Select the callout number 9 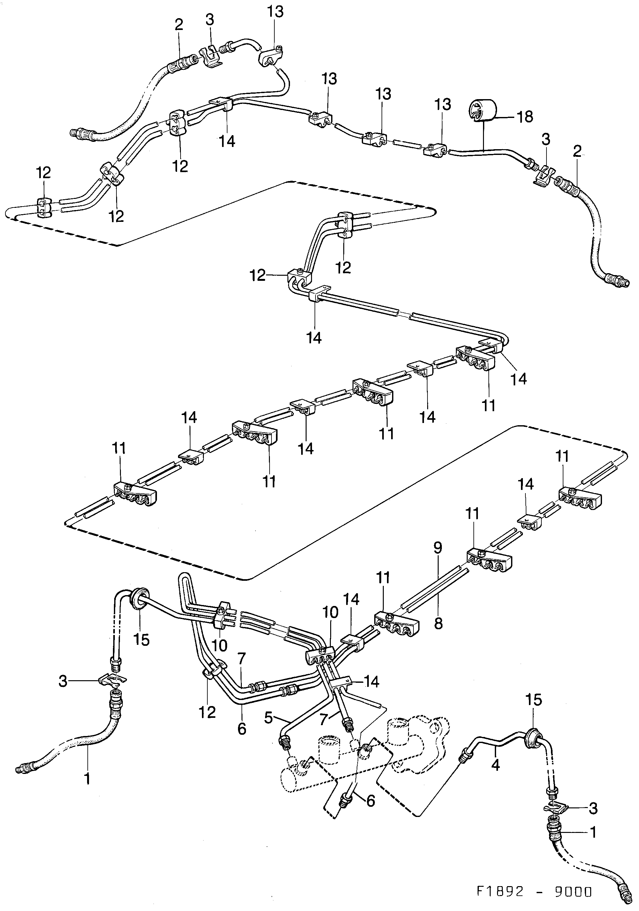pos(438,548)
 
